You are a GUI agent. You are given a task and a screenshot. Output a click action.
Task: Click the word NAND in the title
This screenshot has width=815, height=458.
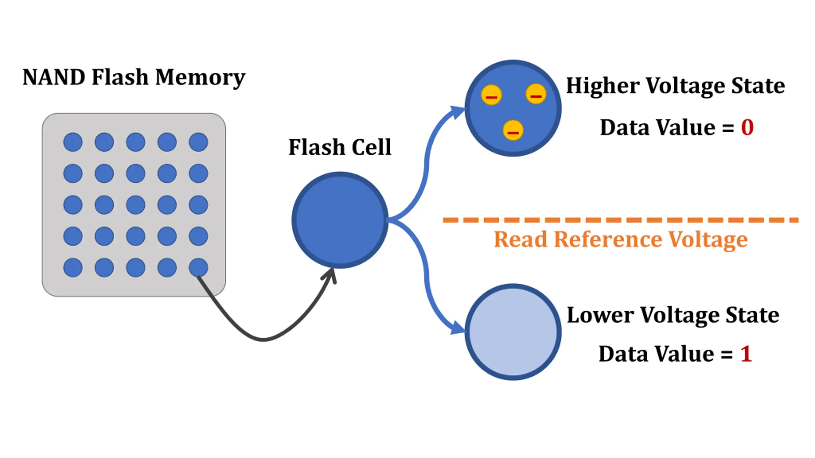tap(53, 77)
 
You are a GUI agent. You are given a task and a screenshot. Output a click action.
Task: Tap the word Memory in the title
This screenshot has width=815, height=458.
tap(200, 78)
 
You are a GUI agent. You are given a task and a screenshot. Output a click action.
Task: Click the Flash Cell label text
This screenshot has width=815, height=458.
tap(340, 147)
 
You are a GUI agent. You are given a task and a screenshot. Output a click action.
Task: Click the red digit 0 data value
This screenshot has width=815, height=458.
tap(747, 128)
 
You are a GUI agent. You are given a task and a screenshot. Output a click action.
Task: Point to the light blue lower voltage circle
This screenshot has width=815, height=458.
tap(513, 332)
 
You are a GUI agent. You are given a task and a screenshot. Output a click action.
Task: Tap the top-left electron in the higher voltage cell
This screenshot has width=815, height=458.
tap(491, 95)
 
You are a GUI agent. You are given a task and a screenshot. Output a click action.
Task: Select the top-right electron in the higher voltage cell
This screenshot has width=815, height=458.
tap(536, 94)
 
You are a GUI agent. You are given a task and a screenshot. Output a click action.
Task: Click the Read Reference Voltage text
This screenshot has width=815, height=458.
tap(620, 239)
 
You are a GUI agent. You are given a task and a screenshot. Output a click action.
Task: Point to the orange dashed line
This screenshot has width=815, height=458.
tap(620, 220)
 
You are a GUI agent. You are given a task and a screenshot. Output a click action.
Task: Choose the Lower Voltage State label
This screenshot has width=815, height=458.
tap(673, 315)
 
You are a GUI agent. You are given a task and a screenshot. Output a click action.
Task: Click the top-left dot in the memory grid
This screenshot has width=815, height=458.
tap(73, 142)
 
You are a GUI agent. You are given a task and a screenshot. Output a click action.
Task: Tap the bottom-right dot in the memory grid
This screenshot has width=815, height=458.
tap(198, 267)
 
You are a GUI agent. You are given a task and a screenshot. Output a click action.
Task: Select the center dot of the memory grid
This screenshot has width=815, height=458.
tap(136, 205)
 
